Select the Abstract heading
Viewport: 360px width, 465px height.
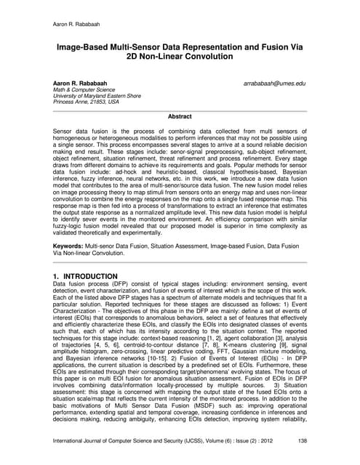(180, 116)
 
